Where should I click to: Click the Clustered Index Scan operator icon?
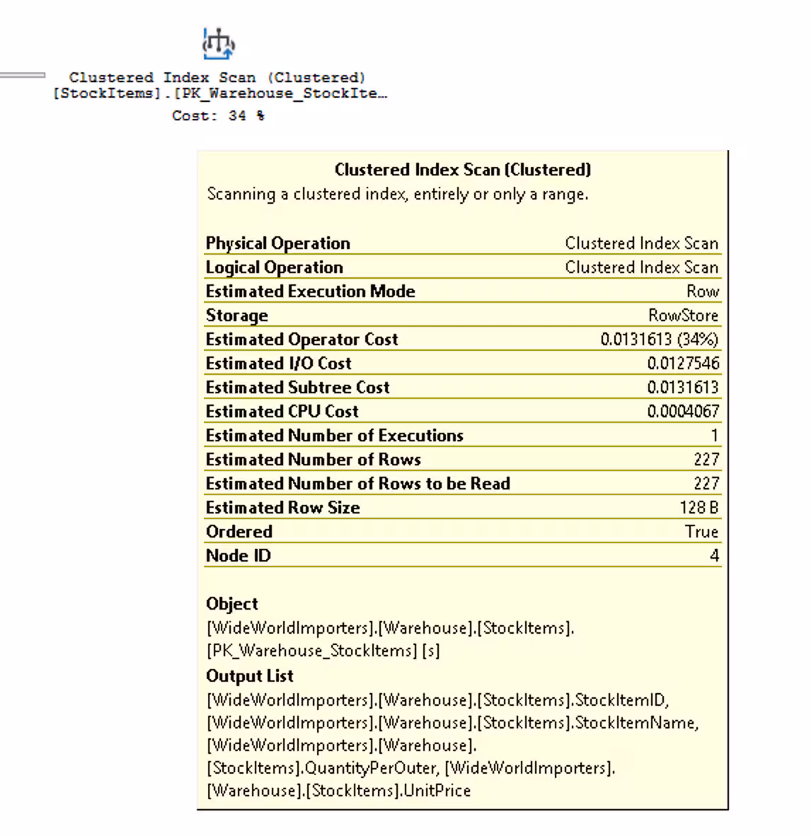[219, 44]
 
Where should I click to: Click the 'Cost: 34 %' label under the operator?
[218, 116]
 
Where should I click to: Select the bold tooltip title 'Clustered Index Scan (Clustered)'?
[463, 170]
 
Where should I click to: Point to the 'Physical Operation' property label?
[277, 243]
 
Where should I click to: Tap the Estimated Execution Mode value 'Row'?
[702, 291]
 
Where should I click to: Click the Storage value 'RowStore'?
[683, 315]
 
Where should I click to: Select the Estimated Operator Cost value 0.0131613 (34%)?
[659, 339]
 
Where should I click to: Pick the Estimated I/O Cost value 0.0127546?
[683, 364]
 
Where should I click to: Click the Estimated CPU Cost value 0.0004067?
[683, 412]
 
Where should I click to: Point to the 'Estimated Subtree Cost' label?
[297, 388]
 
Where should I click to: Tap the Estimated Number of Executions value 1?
[714, 436]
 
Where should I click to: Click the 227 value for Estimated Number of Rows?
[706, 460]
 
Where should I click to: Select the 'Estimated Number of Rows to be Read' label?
[357, 484]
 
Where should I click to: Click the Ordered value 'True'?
[701, 532]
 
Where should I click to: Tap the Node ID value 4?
[714, 556]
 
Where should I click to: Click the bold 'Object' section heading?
[231, 604]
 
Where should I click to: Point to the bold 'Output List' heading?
[249, 676]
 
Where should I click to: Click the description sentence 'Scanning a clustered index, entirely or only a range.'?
[397, 195]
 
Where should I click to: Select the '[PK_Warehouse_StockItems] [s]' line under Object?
[323, 651]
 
